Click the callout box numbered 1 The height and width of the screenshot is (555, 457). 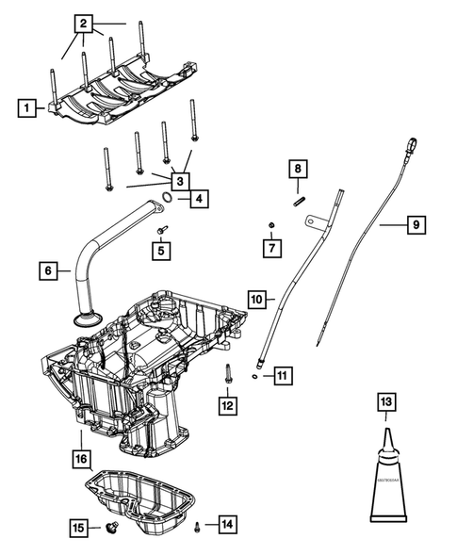27,108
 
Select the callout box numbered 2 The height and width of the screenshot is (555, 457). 85,23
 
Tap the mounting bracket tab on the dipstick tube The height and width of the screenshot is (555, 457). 308,221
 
